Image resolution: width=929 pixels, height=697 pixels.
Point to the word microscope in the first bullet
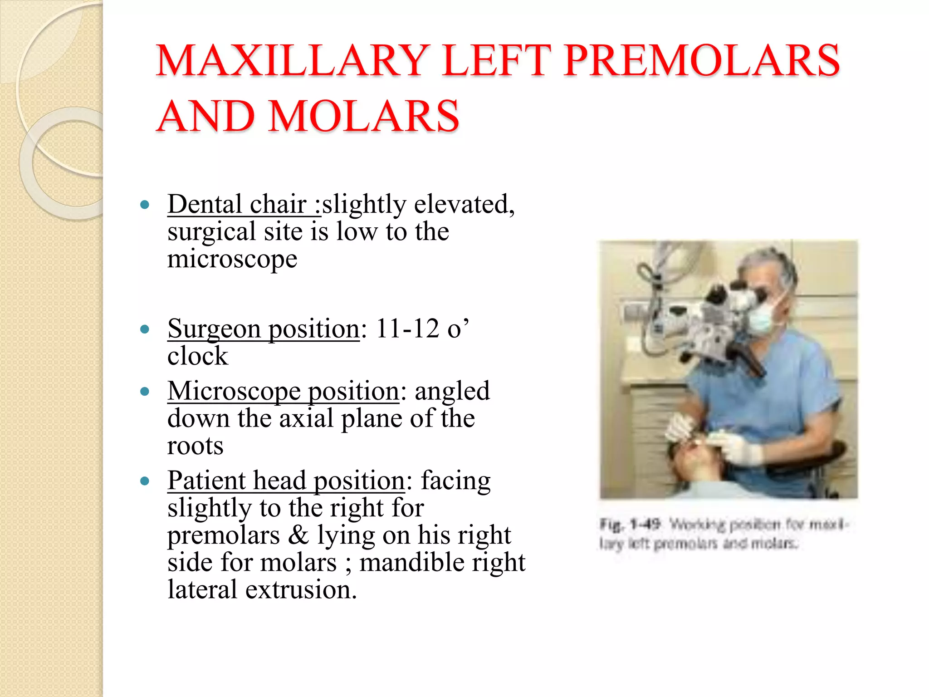(232, 259)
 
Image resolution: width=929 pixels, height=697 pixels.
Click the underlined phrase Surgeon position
(264, 329)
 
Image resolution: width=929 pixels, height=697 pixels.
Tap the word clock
(198, 356)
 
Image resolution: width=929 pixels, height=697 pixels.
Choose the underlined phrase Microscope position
(284, 391)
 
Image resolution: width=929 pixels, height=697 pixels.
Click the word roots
(196, 446)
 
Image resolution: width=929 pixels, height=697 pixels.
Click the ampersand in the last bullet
(298, 535)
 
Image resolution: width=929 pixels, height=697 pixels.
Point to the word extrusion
(301, 590)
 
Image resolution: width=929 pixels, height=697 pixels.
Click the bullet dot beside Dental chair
(145, 205)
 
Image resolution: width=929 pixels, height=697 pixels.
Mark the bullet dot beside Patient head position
(145, 481)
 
